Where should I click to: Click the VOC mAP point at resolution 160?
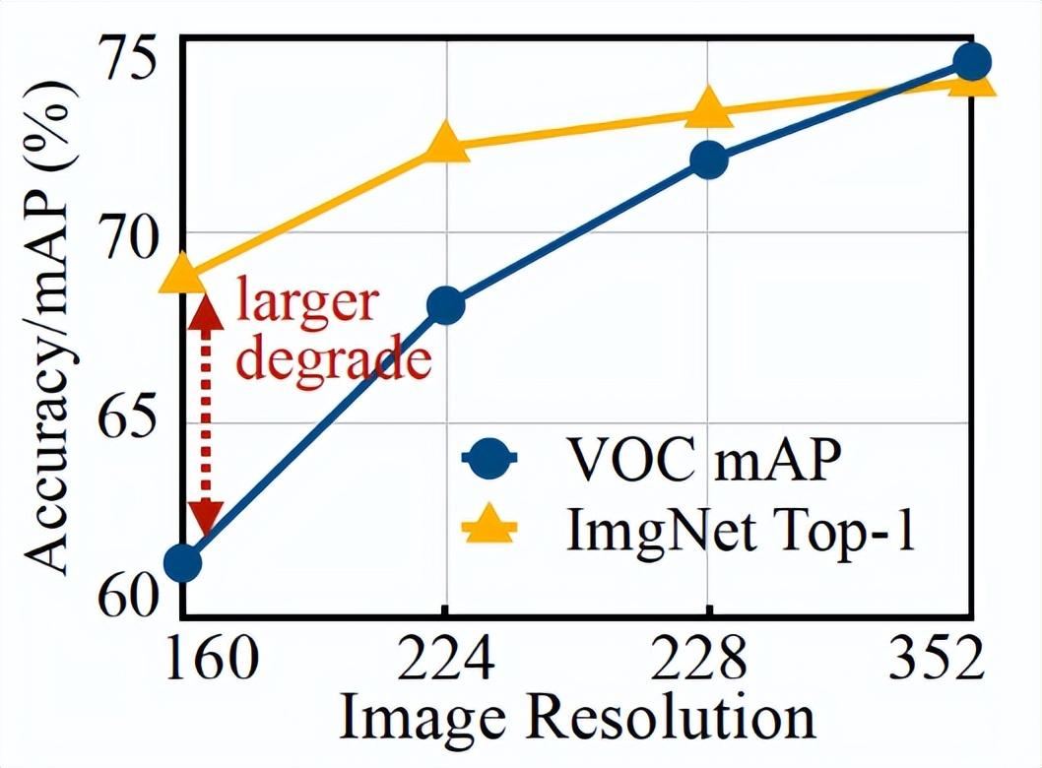[x=182, y=563]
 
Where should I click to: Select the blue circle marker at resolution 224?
[x=445, y=306]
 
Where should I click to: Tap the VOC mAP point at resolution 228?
[x=708, y=160]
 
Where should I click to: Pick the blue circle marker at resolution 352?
[x=972, y=62]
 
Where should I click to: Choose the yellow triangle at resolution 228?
[x=708, y=109]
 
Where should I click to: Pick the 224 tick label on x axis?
[x=445, y=661]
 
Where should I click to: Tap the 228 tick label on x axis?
[x=708, y=661]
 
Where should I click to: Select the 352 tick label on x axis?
[x=941, y=661]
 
